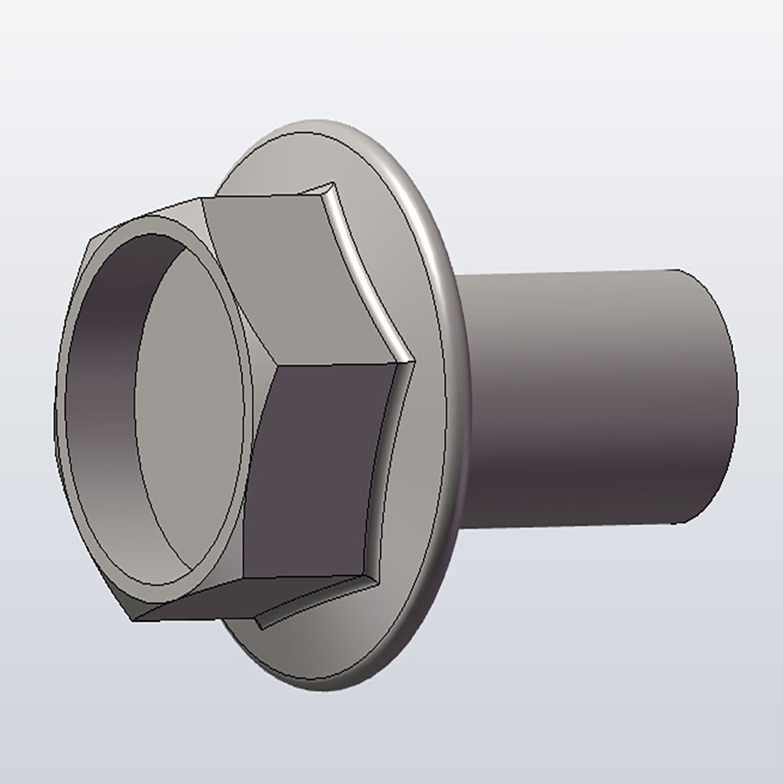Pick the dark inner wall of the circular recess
[x=102, y=376]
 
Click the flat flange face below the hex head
[x=329, y=642]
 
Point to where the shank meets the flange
[x=464, y=391]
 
